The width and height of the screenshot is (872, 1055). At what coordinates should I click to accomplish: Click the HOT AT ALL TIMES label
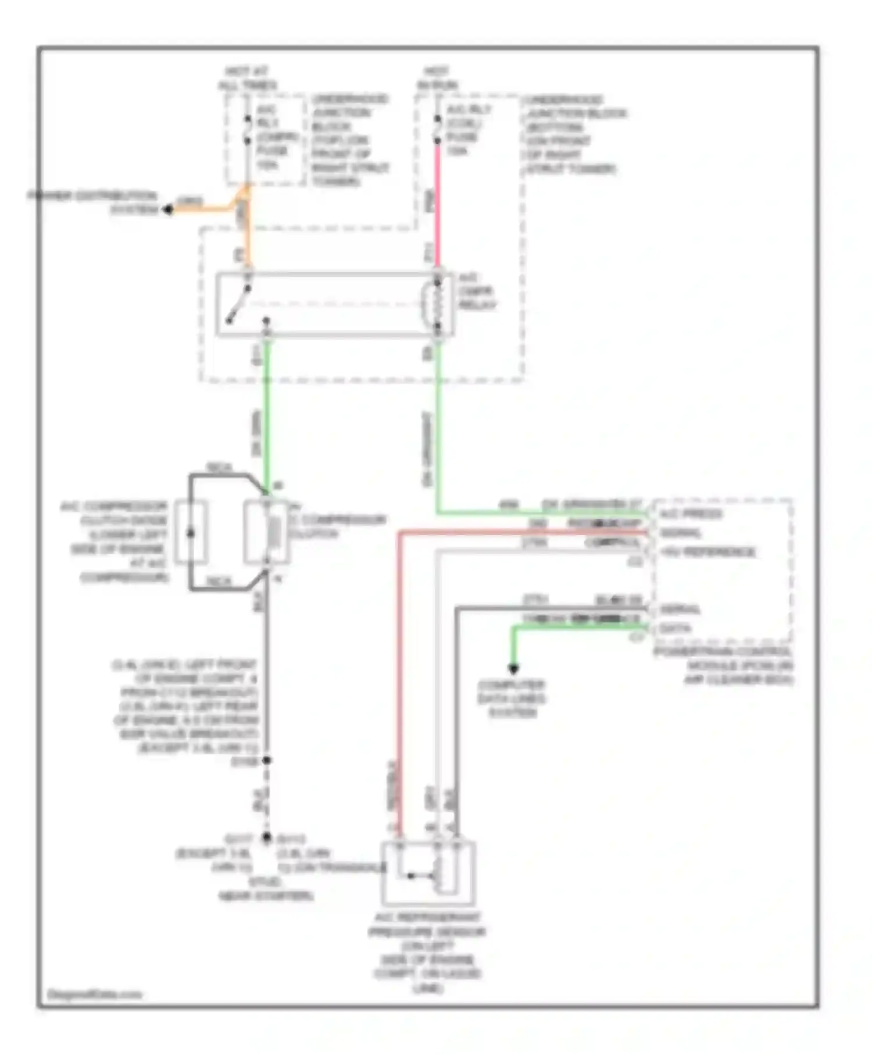[x=248, y=79]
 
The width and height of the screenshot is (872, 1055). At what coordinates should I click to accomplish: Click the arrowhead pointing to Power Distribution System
[x=167, y=209]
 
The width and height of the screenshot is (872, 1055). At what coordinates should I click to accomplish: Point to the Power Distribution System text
[x=93, y=202]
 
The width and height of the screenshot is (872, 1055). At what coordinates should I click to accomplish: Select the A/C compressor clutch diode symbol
[x=191, y=532]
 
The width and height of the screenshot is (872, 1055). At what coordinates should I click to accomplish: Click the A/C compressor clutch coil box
[x=267, y=532]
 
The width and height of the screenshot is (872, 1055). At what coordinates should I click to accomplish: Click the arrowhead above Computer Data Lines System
[x=513, y=669]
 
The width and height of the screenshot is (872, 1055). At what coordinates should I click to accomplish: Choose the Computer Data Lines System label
[x=512, y=698]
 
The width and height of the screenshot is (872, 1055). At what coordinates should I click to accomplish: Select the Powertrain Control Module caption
[x=724, y=665]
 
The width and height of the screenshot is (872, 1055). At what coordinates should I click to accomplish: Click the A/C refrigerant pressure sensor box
[x=428, y=874]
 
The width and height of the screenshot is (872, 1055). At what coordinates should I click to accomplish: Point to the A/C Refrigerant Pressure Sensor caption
[x=427, y=952]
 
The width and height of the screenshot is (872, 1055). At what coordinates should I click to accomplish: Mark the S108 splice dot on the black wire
[x=267, y=760]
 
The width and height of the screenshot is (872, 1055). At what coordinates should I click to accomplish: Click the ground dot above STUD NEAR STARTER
[x=267, y=837]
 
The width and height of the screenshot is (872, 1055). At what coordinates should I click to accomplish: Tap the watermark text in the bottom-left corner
[x=94, y=994]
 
